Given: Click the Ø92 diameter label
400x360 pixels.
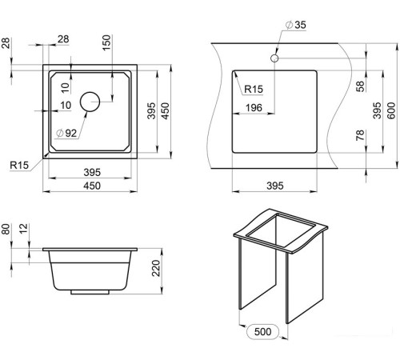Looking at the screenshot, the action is click(66, 133).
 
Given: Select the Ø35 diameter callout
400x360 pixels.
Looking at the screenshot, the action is click(296, 25).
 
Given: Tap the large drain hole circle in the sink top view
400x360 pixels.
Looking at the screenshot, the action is click(90, 102).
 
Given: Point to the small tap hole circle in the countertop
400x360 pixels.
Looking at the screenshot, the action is click(274, 58).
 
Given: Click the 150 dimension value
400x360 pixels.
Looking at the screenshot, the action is click(106, 42).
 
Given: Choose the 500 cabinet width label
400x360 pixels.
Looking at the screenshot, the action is click(262, 331).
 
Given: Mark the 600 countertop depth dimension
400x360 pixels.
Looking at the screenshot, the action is click(391, 110).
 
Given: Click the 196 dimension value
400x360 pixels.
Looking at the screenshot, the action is click(254, 108).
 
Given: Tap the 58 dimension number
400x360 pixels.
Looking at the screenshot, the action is click(360, 86).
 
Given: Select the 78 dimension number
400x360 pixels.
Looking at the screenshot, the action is click(360, 135).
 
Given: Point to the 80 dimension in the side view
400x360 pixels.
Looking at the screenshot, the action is click(6, 229).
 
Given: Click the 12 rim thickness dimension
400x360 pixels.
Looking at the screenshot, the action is click(24, 229).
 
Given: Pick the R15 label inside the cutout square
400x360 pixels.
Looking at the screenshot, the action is click(254, 89).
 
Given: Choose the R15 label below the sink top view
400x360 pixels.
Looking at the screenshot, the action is click(19, 165).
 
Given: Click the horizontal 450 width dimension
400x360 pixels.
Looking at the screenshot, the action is click(92, 186).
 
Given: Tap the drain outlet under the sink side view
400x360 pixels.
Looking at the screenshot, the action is click(90, 292).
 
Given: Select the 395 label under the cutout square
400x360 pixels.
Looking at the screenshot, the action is click(275, 186).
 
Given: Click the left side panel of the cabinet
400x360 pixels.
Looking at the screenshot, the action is click(258, 274).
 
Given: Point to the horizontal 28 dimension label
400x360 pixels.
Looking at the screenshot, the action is click(63, 39).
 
